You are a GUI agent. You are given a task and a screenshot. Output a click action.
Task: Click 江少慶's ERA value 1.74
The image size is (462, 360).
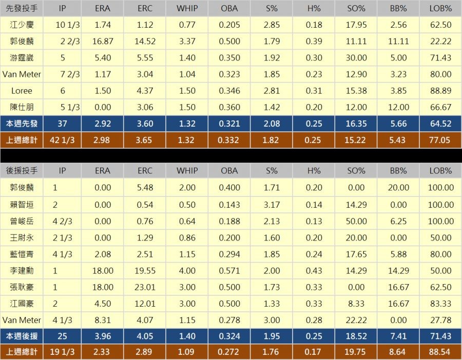103,25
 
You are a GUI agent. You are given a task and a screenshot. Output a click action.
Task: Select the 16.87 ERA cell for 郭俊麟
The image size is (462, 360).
103,42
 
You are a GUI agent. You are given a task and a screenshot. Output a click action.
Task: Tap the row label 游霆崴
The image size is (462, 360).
21,58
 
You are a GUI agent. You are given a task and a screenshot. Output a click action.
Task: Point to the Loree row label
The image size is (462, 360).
21,91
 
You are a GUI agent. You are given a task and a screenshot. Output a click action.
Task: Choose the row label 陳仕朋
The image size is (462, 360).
21,107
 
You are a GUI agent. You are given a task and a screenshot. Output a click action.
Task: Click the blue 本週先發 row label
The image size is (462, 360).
21,124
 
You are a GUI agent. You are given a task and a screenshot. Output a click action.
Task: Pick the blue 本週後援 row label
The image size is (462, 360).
21,336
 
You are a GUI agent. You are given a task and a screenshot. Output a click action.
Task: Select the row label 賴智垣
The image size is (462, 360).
21,205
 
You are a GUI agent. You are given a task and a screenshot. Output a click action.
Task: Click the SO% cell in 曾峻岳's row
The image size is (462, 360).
356,221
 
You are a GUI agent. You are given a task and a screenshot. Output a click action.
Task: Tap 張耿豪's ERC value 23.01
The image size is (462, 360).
145,287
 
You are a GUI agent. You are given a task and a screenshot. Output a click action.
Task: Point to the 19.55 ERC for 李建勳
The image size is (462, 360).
145,271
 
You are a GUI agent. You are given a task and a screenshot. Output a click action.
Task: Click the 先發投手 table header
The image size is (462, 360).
21,9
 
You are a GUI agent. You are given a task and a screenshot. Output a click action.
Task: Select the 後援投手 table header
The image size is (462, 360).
21,171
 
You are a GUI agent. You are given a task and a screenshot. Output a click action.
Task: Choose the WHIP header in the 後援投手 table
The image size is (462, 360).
187,171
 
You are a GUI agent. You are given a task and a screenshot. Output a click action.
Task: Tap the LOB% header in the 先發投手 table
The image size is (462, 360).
440,9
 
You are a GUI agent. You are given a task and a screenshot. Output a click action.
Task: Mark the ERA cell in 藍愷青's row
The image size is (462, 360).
103,254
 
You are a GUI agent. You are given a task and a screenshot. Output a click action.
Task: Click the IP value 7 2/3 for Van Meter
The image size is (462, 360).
63,74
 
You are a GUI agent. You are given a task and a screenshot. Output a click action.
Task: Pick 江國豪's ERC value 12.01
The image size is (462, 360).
145,304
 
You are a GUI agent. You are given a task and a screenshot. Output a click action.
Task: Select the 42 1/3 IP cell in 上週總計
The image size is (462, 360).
63,140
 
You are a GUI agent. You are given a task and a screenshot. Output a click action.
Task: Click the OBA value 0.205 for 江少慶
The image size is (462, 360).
229,25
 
